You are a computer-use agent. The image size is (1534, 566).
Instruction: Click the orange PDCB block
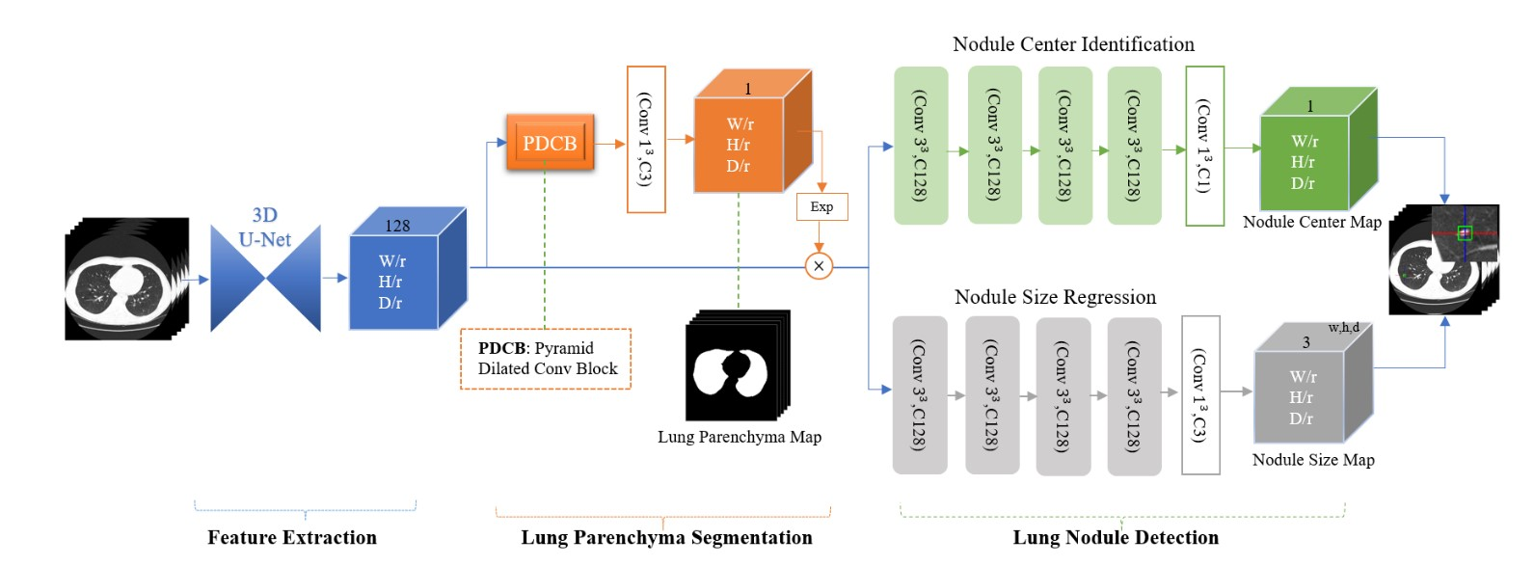coord(550,143)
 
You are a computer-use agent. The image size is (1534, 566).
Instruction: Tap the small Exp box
coord(821,206)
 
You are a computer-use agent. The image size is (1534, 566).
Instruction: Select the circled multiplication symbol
coord(819,266)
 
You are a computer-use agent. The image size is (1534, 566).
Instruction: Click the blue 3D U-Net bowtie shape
coord(265,279)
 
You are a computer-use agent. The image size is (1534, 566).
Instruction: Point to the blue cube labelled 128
coord(395,281)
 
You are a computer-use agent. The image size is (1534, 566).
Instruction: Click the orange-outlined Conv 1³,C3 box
coord(646,139)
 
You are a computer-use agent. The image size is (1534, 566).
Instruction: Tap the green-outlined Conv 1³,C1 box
coord(1204,146)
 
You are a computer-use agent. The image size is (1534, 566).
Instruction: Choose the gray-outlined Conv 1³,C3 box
coord(1200,394)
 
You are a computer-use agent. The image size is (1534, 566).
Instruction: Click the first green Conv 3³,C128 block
coord(921,145)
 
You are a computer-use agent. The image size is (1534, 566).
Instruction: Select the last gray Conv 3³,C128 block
coord(1134,395)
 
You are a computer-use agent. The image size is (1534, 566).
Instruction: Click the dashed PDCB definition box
coord(546,359)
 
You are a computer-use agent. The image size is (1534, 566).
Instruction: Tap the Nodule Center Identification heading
coord(1073,44)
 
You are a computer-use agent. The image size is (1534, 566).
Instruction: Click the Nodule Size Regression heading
coord(1055,297)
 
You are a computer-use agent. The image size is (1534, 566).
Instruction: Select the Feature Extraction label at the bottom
coord(292,537)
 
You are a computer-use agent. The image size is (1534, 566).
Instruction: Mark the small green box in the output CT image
coord(1465,232)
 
